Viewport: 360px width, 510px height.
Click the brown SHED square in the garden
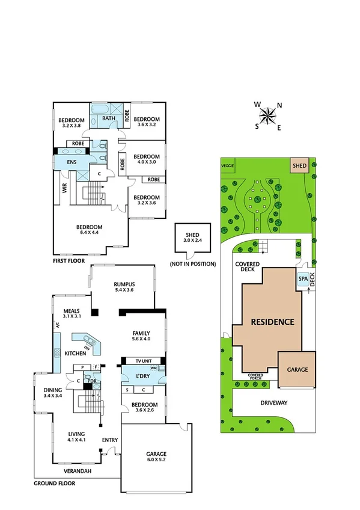(x=299, y=165)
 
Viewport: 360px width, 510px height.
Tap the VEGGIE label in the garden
(x=227, y=165)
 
